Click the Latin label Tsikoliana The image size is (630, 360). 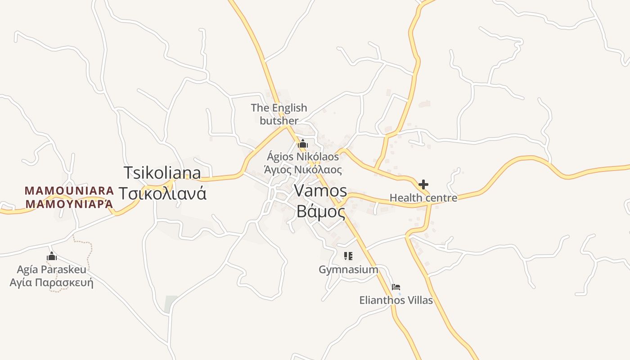tap(162, 173)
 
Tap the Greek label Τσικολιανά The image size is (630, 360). tap(163, 193)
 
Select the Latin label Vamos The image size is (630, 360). tap(320, 191)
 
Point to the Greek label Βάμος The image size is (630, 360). tap(320, 211)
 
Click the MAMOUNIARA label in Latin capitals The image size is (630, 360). tap(69, 190)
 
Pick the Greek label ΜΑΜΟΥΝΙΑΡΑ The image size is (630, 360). tap(69, 204)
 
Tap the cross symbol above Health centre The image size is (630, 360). tap(423, 184)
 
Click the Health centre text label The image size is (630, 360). tap(423, 198)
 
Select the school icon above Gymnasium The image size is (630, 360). tap(348, 256)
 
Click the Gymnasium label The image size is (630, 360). tap(348, 270)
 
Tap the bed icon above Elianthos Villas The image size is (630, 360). tap(396, 287)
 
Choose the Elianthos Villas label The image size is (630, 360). tap(396, 300)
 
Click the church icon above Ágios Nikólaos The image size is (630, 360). tap(302, 144)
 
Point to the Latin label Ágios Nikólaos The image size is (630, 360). tap(302, 157)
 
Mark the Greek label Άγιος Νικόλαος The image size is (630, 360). tap(302, 170)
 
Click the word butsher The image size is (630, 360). tap(279, 121)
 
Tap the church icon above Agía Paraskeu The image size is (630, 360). tap(52, 256)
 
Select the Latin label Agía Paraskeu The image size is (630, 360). tap(51, 270)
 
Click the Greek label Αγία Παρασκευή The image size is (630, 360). tap(51, 283)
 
